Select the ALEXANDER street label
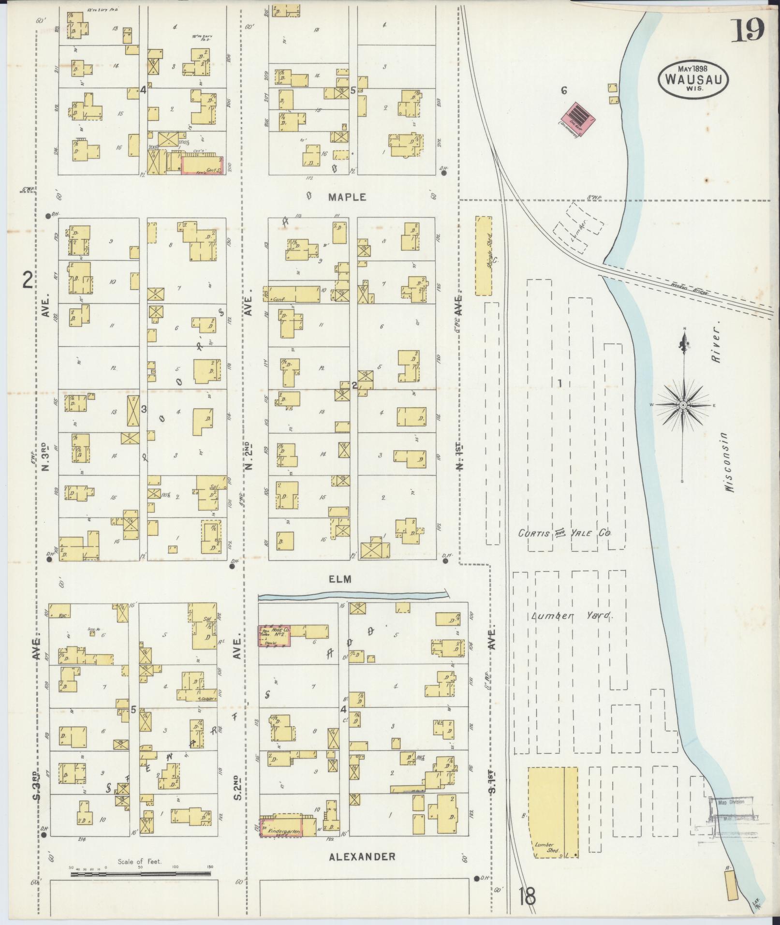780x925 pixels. tap(362, 856)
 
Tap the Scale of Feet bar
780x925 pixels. tap(140, 874)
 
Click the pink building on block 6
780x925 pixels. tap(577, 118)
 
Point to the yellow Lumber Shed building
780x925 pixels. tap(552, 812)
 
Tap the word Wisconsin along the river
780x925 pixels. tap(728, 462)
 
